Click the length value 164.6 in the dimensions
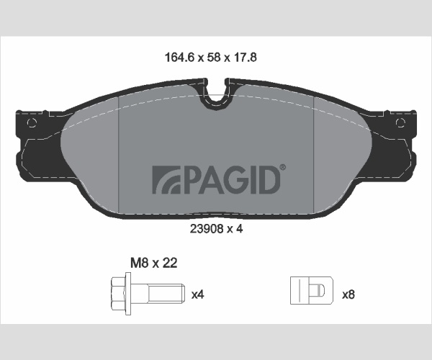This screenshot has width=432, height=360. click(179, 58)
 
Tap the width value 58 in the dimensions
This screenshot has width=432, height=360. click(214, 58)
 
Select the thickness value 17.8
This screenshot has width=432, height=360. click(245, 58)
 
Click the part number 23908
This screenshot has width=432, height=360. click(206, 229)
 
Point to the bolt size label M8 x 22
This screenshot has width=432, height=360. click(154, 263)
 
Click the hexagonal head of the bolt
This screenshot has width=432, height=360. click(118, 294)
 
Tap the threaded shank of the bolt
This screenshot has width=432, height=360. click(166, 293)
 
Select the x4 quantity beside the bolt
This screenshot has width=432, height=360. click(197, 294)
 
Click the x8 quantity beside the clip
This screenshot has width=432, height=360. click(348, 294)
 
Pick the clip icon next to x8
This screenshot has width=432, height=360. click(312, 291)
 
